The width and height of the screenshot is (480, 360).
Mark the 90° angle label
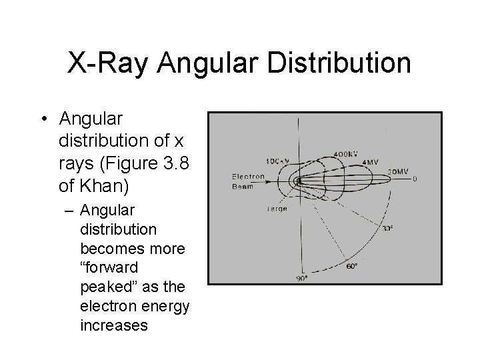(302, 279)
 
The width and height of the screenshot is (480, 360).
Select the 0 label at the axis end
(415, 179)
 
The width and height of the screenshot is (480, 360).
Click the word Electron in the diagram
(248, 177)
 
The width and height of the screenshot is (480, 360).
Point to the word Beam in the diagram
(242, 186)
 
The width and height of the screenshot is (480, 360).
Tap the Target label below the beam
(277, 209)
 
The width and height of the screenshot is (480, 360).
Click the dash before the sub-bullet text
(69, 210)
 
